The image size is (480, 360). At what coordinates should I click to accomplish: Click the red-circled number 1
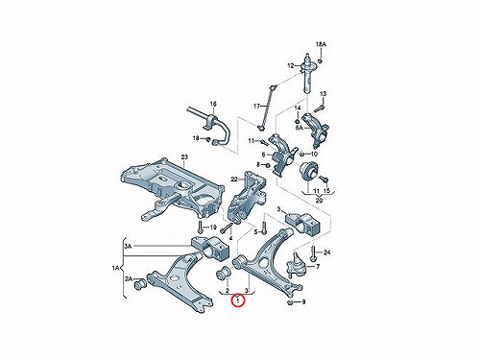238,301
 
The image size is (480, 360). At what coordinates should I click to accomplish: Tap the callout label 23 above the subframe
184,157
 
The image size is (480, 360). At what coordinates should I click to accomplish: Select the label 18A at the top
321,44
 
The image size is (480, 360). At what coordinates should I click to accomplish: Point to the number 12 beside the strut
291,66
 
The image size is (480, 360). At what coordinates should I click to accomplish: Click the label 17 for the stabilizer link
257,107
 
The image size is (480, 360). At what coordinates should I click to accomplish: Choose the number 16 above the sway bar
213,104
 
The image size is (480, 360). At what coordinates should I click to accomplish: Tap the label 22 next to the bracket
234,180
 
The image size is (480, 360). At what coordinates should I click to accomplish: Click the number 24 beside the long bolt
326,252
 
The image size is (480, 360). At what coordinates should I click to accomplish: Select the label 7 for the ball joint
318,266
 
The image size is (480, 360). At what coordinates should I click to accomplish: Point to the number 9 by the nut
303,301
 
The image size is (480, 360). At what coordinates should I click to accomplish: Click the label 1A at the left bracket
115,267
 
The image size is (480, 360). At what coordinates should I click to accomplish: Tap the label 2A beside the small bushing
129,279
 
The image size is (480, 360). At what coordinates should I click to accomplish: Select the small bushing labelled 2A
140,284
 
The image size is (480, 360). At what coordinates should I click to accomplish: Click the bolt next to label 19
201,228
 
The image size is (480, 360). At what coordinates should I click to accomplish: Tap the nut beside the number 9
290,302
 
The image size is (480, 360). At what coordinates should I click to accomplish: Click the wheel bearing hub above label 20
309,171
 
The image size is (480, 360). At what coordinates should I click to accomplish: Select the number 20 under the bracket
319,201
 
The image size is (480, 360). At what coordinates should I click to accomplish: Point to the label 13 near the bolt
324,94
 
